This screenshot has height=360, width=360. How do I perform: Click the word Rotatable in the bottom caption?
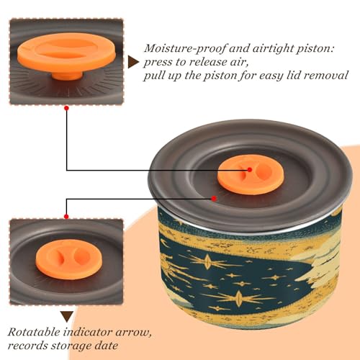(x=34, y=332)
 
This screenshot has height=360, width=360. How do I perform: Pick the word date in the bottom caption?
(x=107, y=346)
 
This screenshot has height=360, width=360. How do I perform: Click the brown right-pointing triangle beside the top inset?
(x=133, y=62)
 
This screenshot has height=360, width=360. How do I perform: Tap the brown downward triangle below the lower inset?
(x=67, y=317)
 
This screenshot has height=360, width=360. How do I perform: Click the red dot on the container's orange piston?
(x=250, y=170)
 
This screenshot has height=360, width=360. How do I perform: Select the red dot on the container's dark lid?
(x=214, y=199)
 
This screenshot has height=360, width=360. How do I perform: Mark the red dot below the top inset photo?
(x=67, y=108)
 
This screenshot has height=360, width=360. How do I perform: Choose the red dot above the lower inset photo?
(x=66, y=217)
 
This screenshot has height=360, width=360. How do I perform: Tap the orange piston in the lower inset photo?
(x=69, y=259)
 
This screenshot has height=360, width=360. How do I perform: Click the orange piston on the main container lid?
(x=251, y=174)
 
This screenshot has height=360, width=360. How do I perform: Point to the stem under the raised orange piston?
(x=67, y=75)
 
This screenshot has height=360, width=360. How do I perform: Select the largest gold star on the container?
(x=238, y=297)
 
